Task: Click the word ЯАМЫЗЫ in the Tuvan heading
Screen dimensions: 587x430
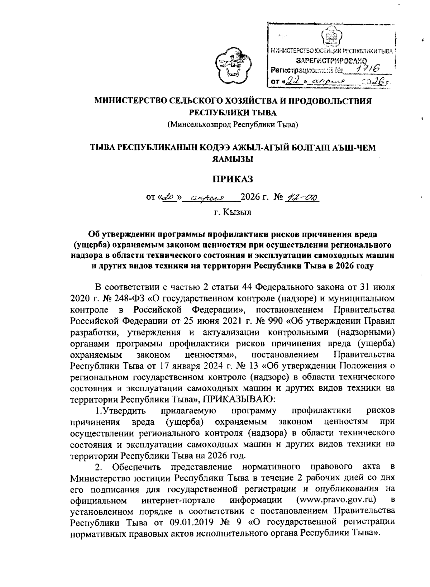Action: (233, 159)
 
